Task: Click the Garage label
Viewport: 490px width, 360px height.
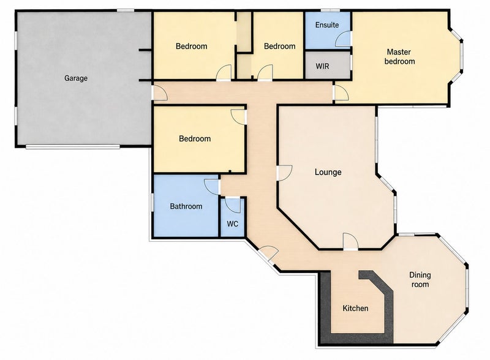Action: click(75, 78)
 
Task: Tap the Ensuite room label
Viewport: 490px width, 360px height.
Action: click(327, 24)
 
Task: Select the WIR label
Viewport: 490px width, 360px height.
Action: click(322, 66)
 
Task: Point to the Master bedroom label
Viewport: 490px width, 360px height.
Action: click(399, 56)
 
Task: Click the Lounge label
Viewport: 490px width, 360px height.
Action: click(328, 172)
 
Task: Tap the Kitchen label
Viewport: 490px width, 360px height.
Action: click(355, 309)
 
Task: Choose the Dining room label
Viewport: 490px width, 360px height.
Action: click(420, 280)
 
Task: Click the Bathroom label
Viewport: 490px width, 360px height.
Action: click(186, 206)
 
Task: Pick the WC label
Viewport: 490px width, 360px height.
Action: click(233, 223)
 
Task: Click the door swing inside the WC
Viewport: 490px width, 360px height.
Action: click(233, 205)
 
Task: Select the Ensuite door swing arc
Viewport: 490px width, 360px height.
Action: click(342, 39)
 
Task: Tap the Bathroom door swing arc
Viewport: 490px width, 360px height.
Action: click(212, 187)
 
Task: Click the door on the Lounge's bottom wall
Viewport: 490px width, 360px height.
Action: click(350, 241)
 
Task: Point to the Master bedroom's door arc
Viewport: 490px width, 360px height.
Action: click(341, 93)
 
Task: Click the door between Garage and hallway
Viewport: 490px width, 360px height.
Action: click(159, 93)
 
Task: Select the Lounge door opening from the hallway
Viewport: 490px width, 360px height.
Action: click(284, 173)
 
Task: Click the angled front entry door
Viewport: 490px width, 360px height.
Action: click(268, 253)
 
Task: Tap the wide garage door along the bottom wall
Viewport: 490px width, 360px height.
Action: click(73, 146)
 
